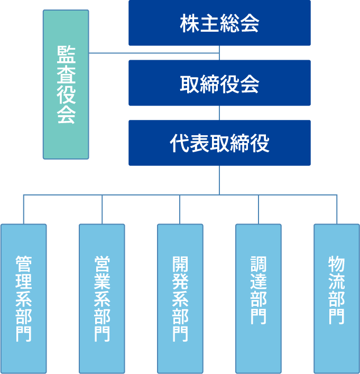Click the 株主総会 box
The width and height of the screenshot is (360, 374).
[219, 23]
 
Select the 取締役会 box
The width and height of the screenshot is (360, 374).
[219, 83]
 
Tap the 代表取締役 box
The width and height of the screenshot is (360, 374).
[219, 143]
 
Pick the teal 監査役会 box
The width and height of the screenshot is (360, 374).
[66, 85]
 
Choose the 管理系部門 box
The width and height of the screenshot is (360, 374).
[23, 299]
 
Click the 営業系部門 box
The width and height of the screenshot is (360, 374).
[102, 299]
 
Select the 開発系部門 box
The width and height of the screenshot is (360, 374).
[180, 299]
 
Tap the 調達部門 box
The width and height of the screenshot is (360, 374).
[259, 299]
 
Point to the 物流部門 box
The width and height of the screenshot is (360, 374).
[337, 299]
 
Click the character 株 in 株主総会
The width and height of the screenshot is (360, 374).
[190, 24]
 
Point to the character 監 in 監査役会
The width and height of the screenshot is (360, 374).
[66, 55]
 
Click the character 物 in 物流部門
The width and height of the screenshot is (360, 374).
[337, 263]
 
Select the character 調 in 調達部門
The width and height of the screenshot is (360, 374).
[259, 263]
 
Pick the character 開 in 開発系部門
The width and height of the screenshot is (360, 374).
[180, 263]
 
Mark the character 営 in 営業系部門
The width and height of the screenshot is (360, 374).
[102, 263]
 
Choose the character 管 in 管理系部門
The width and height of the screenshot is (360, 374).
[23, 263]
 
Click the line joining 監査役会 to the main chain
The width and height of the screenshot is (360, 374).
[153, 53]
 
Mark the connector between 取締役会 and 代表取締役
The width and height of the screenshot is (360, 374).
[219, 113]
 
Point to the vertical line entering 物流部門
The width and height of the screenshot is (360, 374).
[337, 210]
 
